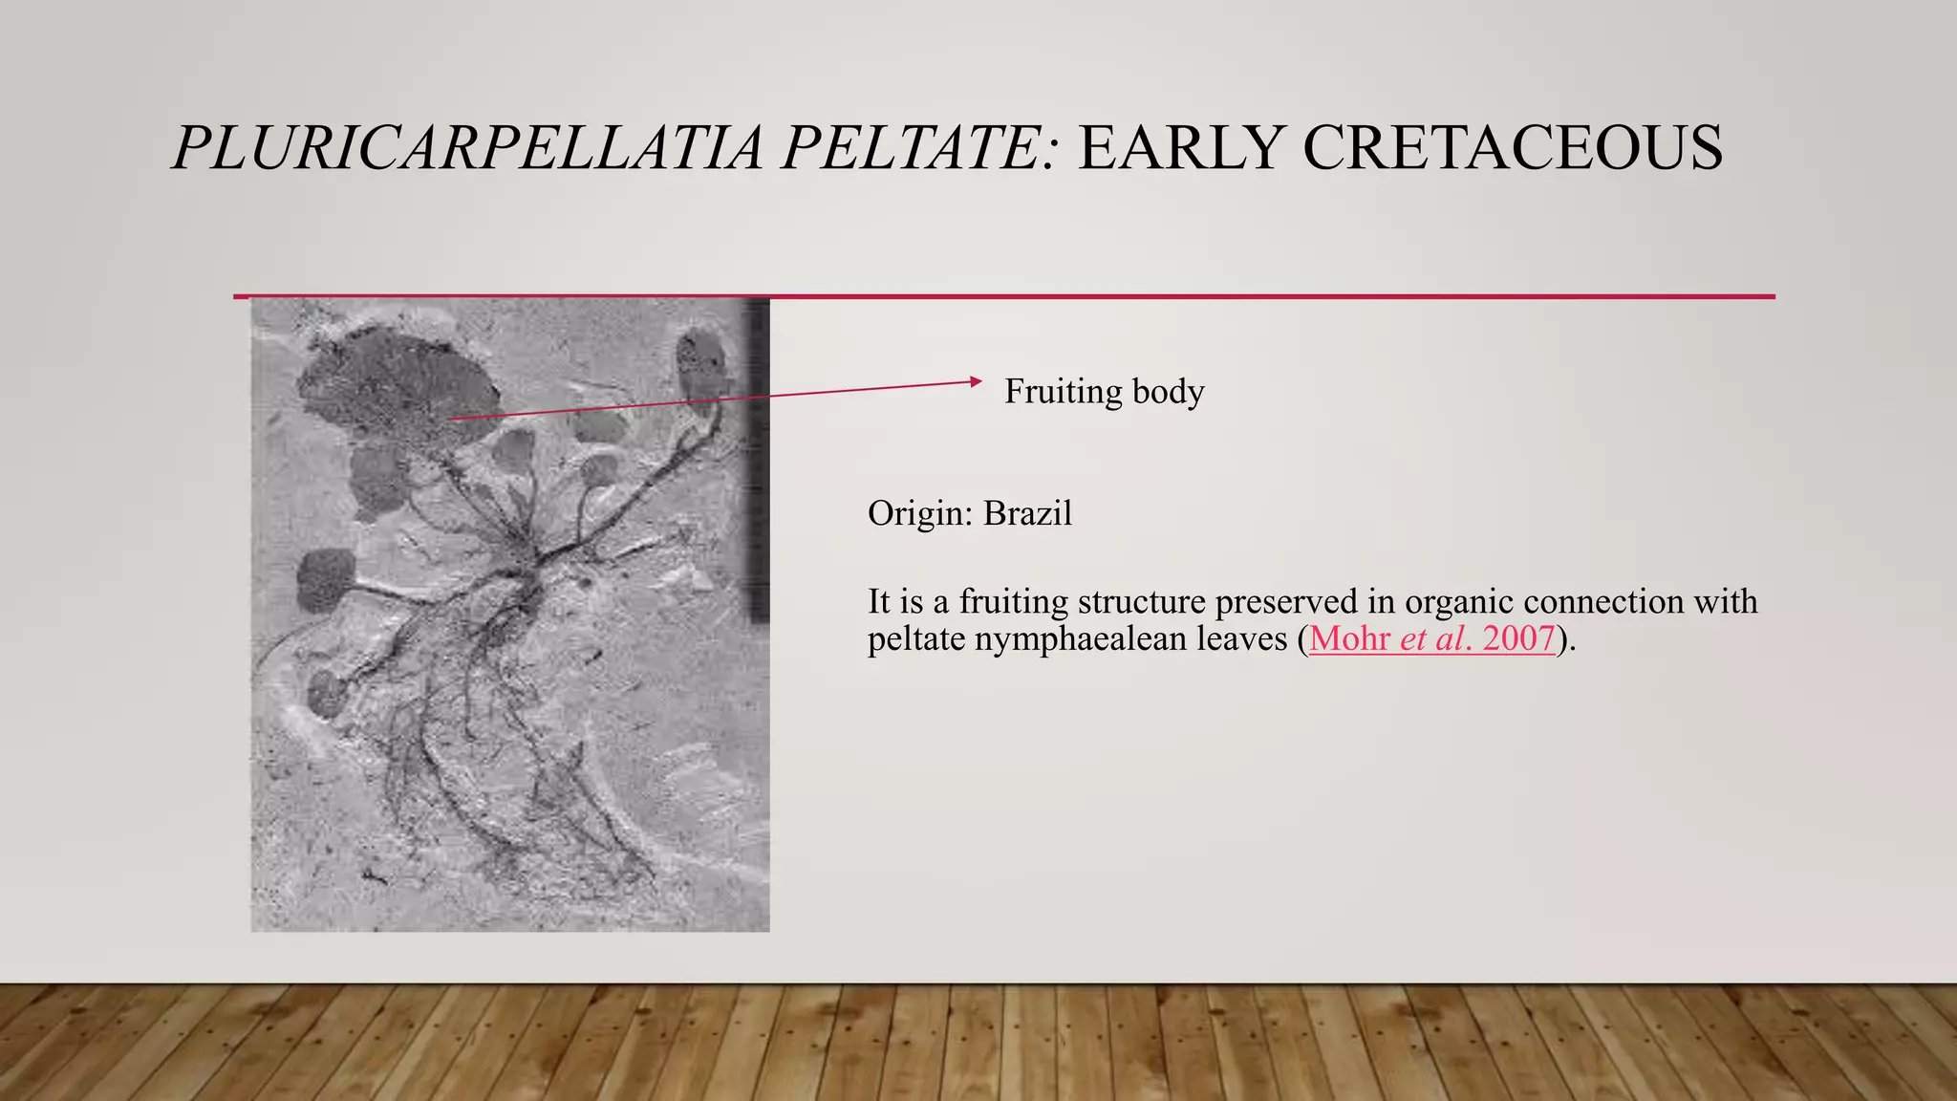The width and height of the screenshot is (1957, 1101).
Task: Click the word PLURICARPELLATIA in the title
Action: point(468,148)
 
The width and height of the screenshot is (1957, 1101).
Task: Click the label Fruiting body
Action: point(1104,392)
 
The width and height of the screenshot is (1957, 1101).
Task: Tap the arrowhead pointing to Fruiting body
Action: point(975,381)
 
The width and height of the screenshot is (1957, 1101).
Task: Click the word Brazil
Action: point(1027,514)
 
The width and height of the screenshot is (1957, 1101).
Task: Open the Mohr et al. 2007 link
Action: point(1431,638)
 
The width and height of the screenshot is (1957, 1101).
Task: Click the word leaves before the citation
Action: point(1241,638)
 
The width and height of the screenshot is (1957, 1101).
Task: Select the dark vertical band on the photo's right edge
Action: point(757,459)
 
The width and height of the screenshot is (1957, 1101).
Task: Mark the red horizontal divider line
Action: point(1003,297)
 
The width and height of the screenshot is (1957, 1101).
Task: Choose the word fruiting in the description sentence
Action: point(1013,602)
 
